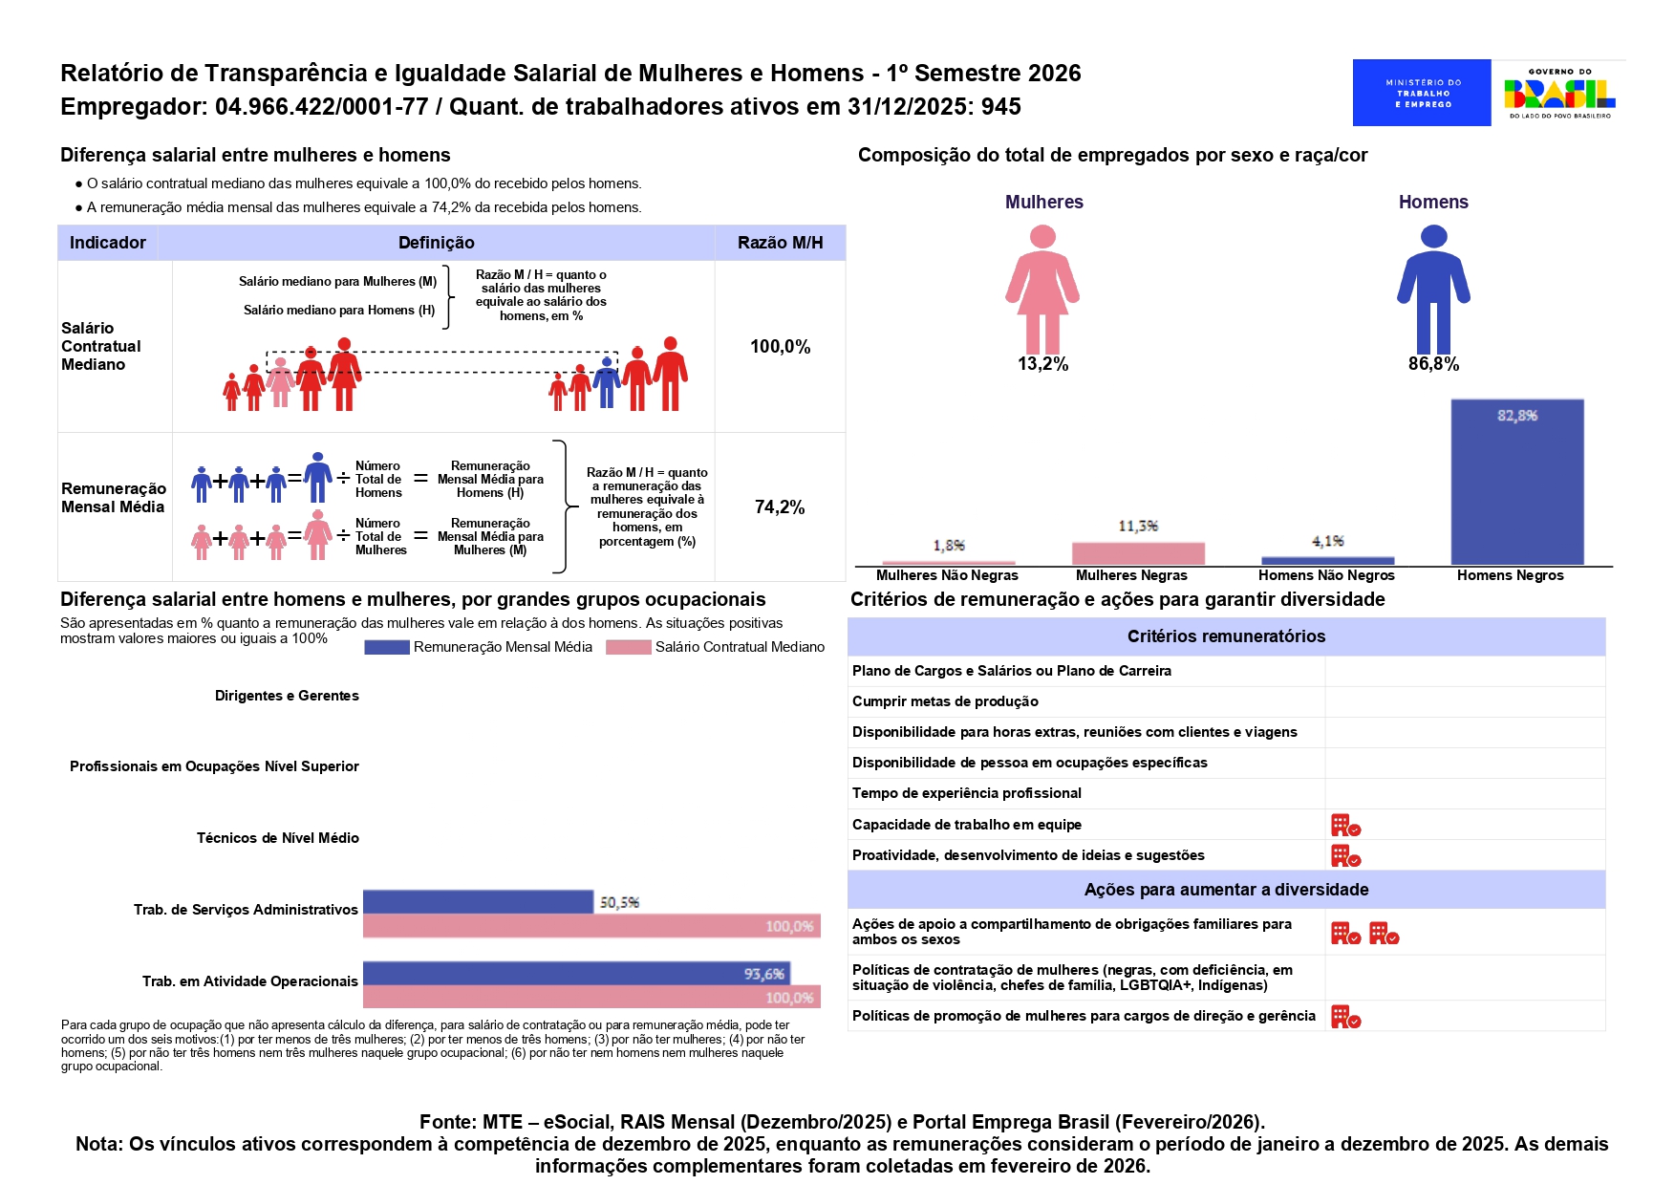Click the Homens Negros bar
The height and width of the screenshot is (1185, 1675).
(1516, 482)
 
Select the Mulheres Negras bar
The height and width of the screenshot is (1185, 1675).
(1138, 553)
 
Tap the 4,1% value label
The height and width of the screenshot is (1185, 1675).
(1327, 541)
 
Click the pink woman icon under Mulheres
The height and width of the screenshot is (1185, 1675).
(1042, 290)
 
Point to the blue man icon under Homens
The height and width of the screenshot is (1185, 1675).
(1433, 290)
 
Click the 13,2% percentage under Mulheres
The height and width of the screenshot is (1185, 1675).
(1042, 364)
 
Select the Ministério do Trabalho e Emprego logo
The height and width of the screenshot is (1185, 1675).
(1422, 93)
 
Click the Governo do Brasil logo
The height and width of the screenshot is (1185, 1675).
(1559, 93)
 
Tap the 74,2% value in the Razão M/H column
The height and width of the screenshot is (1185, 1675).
(780, 507)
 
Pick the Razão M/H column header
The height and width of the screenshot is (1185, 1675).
(780, 243)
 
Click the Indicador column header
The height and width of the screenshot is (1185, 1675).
(108, 243)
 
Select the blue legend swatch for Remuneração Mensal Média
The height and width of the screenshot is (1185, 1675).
(387, 647)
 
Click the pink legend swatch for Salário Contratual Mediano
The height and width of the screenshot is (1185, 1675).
(629, 647)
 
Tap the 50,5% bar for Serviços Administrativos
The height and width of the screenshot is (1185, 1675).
(478, 902)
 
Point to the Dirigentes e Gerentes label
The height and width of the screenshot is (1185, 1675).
(287, 696)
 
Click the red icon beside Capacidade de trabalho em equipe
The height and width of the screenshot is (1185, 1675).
(1345, 825)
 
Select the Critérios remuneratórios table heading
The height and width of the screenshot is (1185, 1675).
(1226, 636)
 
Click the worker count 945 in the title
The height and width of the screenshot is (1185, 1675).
(1000, 107)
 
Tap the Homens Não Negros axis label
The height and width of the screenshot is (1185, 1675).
(1326, 575)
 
